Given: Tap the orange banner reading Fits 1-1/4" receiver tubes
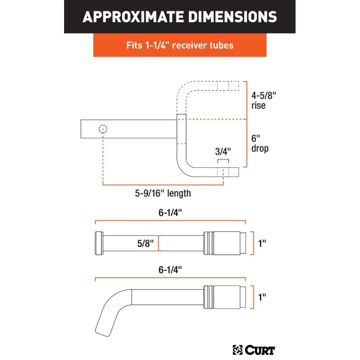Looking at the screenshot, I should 180,45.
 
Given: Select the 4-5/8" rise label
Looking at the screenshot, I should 264,100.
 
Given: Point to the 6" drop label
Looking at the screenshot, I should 260,143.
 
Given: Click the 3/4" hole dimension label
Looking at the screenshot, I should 222,152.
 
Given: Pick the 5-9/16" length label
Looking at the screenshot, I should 163,193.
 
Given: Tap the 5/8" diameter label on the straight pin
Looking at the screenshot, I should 145,243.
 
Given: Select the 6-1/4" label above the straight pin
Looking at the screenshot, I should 170,212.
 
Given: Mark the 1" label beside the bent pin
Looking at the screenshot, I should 262,297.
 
